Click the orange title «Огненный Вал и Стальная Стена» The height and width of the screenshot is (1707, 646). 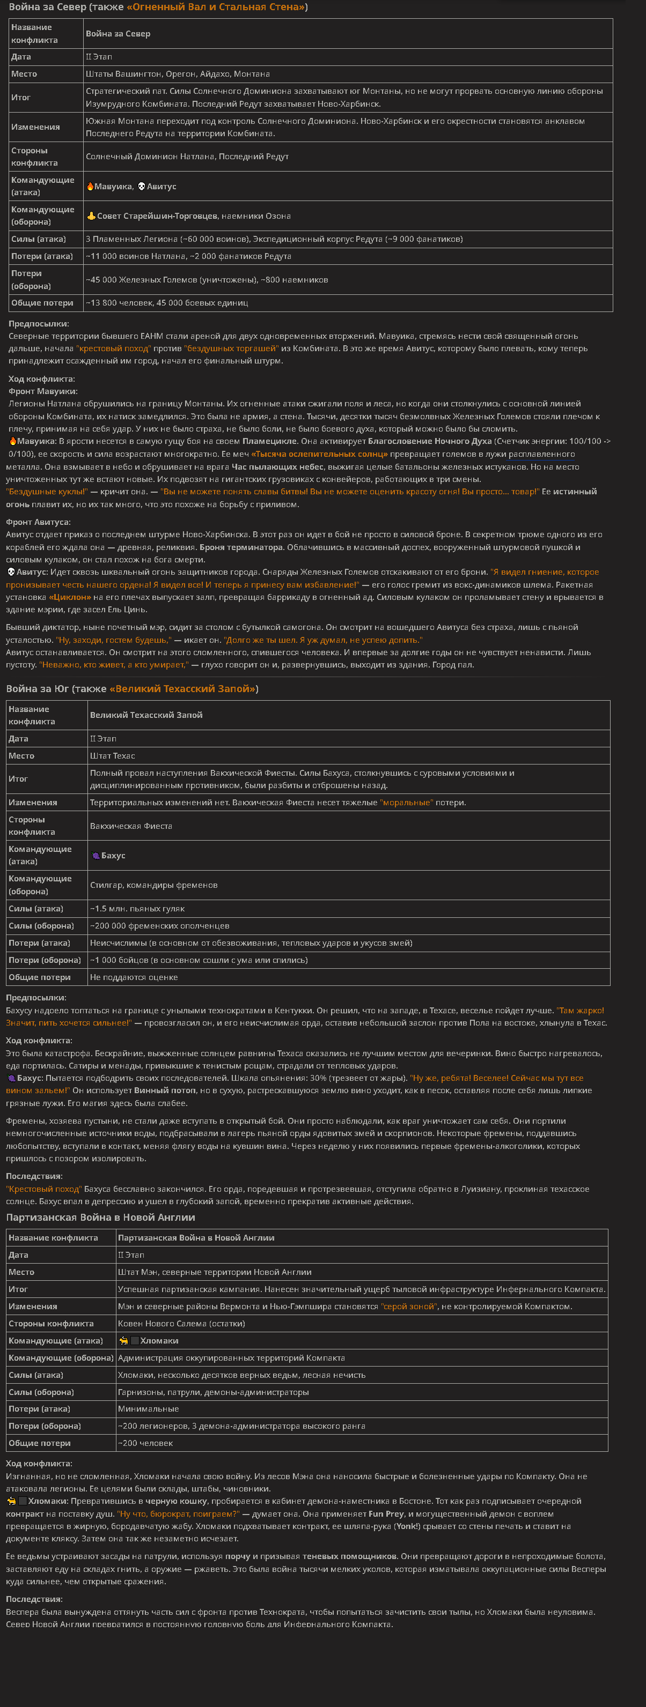(x=217, y=8)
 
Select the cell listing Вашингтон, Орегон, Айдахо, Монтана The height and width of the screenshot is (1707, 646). (x=178, y=74)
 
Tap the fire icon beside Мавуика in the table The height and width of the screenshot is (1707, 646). (x=90, y=186)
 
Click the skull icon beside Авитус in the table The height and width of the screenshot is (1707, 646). (x=141, y=186)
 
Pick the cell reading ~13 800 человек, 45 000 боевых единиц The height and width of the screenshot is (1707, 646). (x=167, y=303)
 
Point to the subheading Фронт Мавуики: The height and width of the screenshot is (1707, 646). (x=43, y=391)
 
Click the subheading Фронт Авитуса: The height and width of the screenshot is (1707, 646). (x=38, y=522)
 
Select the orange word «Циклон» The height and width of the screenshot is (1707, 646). (x=70, y=597)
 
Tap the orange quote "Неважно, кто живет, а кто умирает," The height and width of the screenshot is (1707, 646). (x=113, y=665)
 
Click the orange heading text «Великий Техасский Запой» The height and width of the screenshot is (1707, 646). (x=182, y=689)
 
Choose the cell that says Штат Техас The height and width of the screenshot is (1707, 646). (x=113, y=756)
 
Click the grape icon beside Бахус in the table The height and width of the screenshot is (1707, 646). (x=96, y=856)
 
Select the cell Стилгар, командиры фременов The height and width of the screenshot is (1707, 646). (x=154, y=885)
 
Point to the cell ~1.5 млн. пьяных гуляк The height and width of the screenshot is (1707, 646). (x=137, y=909)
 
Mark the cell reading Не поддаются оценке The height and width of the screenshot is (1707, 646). (x=134, y=977)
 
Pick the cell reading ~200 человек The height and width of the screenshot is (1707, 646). (x=145, y=1443)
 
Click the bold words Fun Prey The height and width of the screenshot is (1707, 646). (x=385, y=1514)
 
